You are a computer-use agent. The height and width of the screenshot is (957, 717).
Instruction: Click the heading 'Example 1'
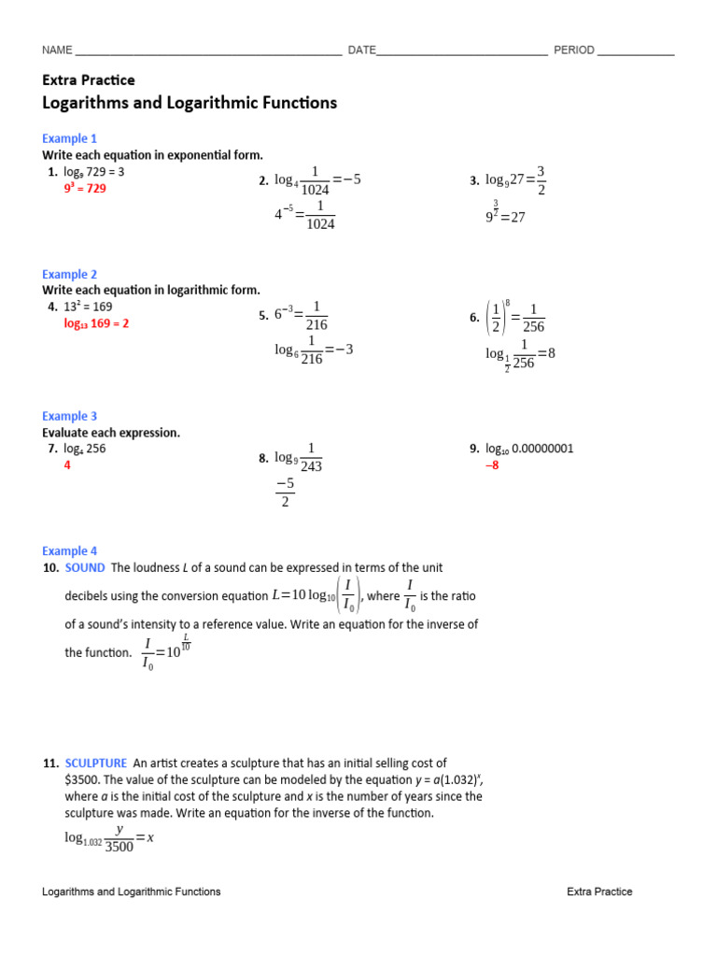(69, 138)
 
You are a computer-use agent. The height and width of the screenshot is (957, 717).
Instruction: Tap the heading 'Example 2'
(69, 275)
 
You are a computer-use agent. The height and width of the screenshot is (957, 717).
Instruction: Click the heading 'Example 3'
(69, 416)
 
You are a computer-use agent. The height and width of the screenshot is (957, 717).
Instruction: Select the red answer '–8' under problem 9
(492, 464)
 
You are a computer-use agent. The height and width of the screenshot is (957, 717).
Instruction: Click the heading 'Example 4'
(69, 551)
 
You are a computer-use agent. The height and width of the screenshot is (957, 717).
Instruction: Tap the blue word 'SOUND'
(85, 567)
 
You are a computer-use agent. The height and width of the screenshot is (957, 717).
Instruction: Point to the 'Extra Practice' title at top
(89, 80)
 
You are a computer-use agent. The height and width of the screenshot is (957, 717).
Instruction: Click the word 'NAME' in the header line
(57, 50)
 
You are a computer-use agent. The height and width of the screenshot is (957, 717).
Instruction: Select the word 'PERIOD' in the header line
(574, 50)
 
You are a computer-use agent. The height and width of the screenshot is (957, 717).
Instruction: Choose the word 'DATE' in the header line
(361, 50)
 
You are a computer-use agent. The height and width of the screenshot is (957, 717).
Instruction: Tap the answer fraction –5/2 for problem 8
(285, 493)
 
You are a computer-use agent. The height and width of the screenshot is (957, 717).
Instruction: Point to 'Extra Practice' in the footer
(599, 892)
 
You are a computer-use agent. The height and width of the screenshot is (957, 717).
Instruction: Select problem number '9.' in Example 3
(474, 449)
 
